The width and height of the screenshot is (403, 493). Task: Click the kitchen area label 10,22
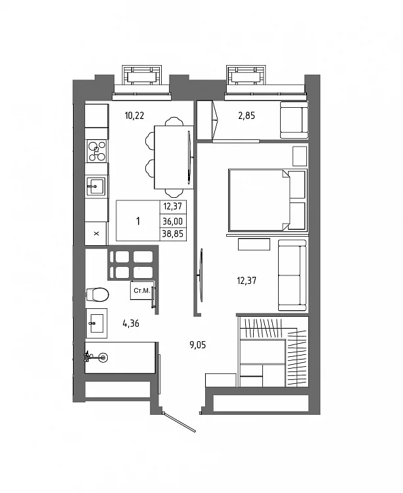[134, 116]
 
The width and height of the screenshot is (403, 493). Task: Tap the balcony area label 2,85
[247, 116]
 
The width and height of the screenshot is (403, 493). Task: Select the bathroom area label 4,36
[131, 323]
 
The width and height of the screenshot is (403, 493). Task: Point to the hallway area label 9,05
[197, 345]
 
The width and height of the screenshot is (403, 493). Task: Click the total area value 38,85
[173, 233]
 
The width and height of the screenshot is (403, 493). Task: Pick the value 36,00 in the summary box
[173, 222]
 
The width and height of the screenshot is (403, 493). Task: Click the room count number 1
[138, 221]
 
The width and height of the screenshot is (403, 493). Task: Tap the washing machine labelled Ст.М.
[142, 291]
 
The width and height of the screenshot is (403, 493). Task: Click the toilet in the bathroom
[97, 294]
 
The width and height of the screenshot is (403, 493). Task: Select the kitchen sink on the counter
[96, 186]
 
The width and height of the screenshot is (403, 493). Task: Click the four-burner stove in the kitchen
[97, 151]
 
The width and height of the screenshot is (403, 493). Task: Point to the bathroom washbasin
[97, 323]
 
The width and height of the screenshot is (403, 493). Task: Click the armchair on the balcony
[294, 120]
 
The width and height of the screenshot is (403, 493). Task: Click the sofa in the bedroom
[292, 275]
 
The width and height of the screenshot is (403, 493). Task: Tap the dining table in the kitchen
[174, 157]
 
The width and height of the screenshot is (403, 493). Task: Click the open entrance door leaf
[180, 422]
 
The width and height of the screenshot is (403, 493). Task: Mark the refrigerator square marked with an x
[96, 233]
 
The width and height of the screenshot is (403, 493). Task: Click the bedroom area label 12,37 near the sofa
[247, 281]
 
